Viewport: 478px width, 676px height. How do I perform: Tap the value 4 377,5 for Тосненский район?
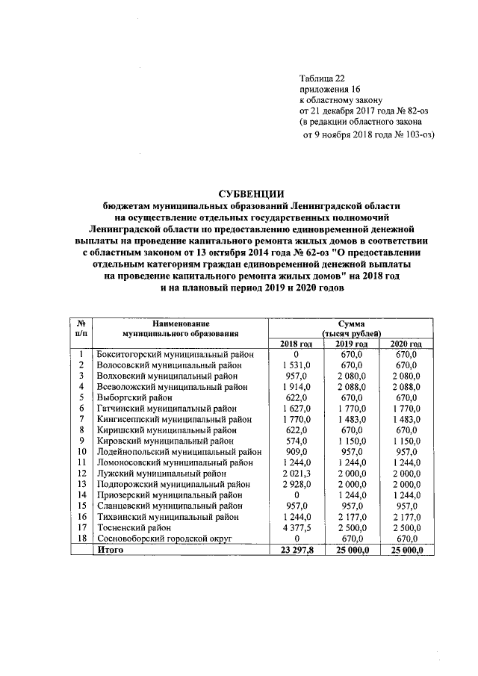(296, 527)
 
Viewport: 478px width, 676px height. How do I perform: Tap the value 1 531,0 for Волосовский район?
(296, 365)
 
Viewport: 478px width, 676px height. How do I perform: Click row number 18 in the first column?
(80, 539)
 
